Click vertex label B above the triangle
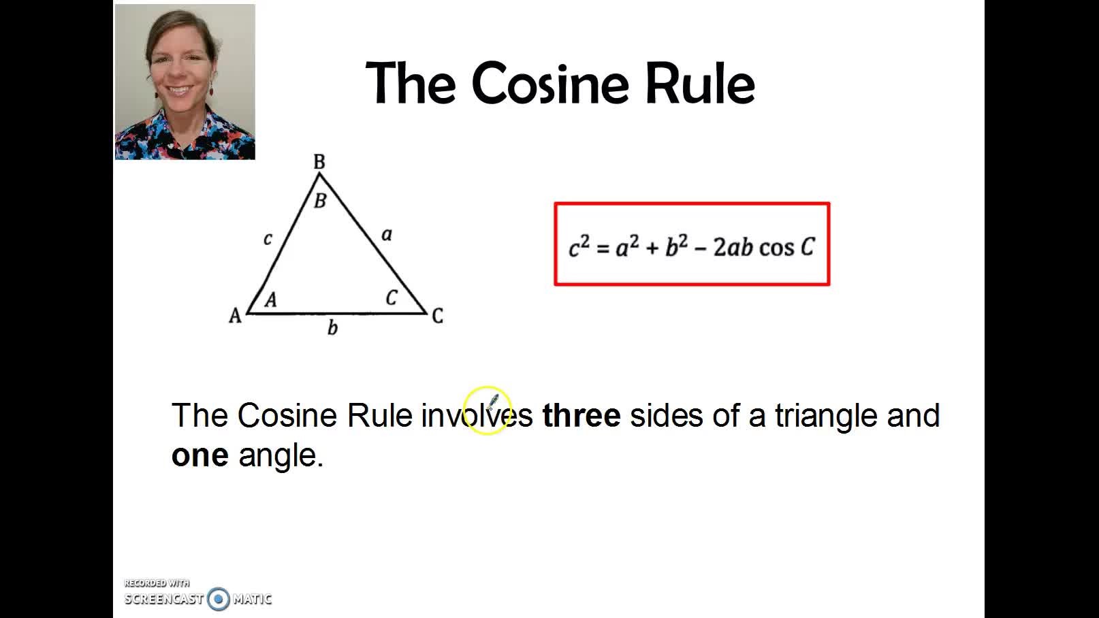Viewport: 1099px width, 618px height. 319,161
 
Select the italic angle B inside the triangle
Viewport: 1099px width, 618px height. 320,201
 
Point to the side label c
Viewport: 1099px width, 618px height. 268,239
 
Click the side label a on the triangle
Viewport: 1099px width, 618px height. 387,235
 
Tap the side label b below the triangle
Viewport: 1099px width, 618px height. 333,327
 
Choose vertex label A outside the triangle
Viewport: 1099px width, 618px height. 235,316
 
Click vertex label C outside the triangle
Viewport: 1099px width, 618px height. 438,316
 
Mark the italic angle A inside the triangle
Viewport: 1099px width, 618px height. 271,299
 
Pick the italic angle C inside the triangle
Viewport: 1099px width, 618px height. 391,297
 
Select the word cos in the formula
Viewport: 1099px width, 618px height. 777,248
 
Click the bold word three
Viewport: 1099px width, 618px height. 582,415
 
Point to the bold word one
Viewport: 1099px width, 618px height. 200,455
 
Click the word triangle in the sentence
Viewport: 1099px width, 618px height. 826,416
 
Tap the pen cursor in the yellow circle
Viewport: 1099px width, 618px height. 493,401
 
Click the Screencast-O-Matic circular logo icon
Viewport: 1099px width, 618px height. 219,599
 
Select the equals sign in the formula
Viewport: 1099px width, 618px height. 603,248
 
